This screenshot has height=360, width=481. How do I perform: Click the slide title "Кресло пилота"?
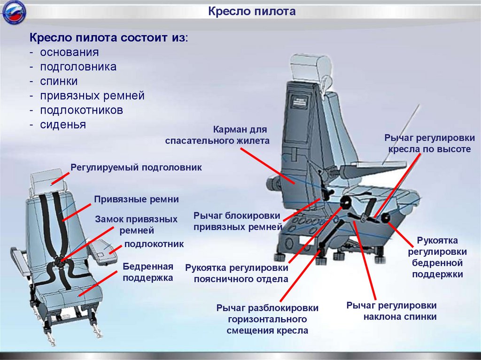tap(252, 11)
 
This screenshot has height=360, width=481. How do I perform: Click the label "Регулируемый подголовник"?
tap(136, 167)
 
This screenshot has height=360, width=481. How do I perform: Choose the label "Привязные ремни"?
tap(136, 199)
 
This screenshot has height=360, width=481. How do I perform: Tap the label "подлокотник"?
tap(154, 245)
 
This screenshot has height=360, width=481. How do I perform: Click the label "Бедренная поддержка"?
tap(148, 272)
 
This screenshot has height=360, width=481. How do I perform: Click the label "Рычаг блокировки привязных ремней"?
tap(237, 221)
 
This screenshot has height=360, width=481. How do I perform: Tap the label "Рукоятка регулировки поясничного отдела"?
tap(236, 274)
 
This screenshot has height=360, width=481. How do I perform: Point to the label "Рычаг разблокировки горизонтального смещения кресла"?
tap(267, 319)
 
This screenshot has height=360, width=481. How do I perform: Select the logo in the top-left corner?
tap(13, 13)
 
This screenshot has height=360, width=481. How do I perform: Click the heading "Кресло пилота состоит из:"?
tap(109, 38)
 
